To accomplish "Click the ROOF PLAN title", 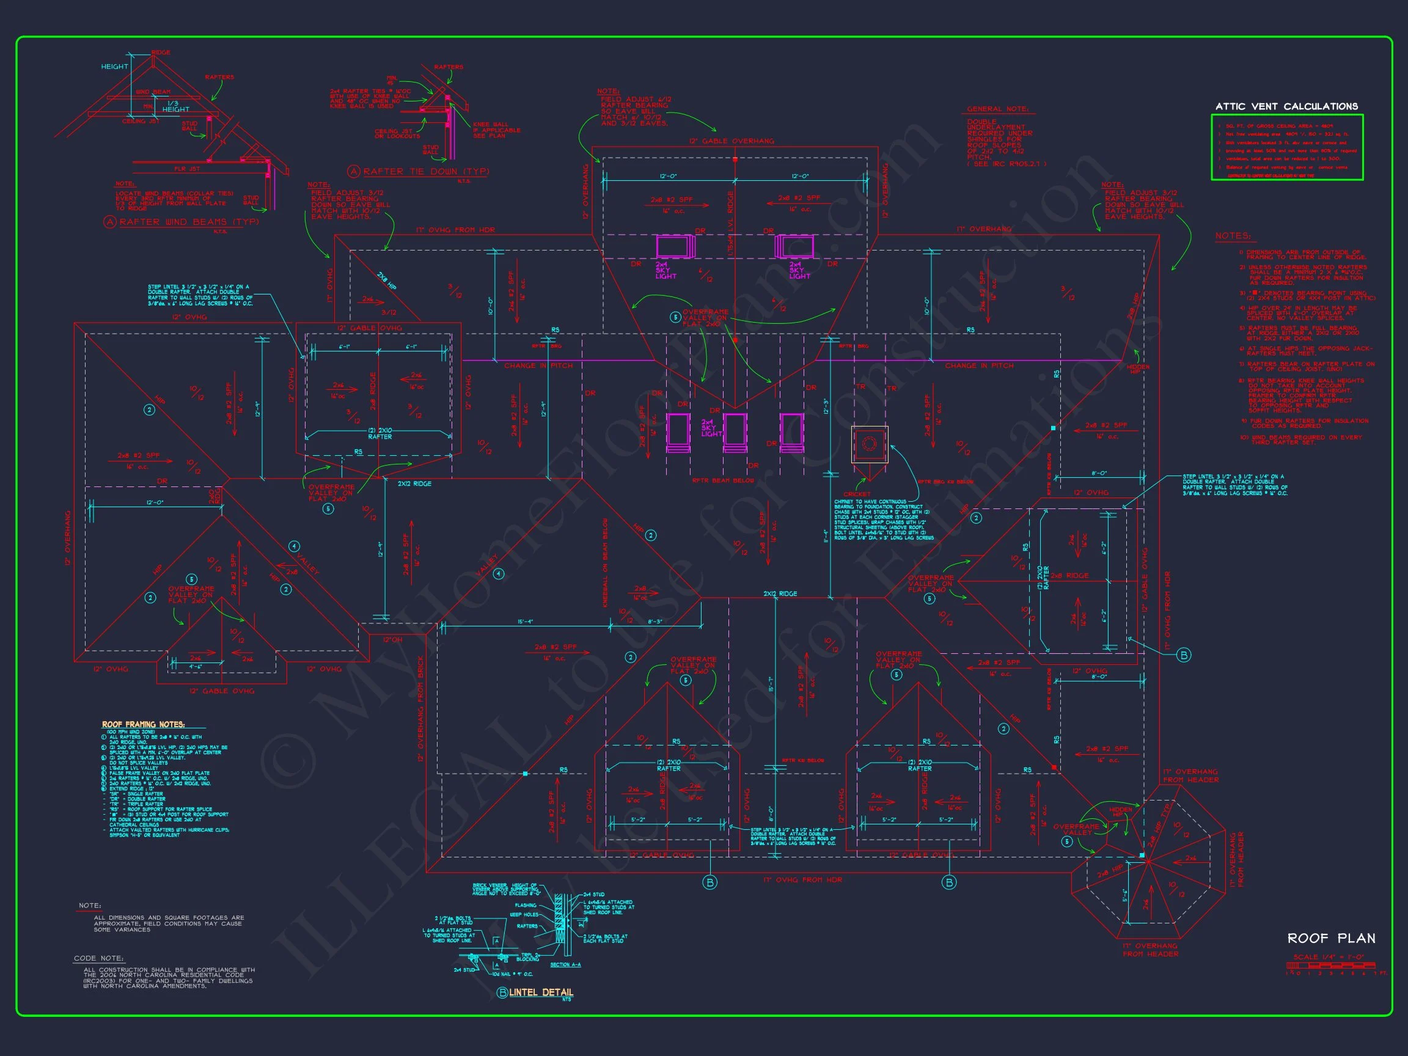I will [x=1331, y=938].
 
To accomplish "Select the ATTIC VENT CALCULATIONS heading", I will [x=1286, y=106].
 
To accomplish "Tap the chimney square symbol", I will [x=870, y=444].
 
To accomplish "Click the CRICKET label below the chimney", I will [x=857, y=494].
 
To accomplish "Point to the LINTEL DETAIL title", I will [x=540, y=992].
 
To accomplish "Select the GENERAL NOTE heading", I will [x=997, y=109].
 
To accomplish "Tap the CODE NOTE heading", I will [x=98, y=958].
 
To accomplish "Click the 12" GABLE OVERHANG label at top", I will [x=732, y=141].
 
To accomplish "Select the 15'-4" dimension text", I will [x=525, y=622].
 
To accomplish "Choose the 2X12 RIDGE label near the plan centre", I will [x=780, y=593].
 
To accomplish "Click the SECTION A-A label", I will [x=565, y=965].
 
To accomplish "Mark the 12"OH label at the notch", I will [x=393, y=640].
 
